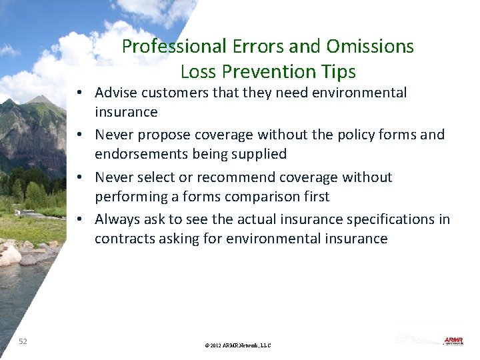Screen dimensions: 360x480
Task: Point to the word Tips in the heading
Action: tap(337, 71)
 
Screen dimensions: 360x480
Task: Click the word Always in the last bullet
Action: tap(117, 219)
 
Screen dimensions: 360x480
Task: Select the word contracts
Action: tap(124, 239)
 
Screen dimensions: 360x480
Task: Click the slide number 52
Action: tap(23, 341)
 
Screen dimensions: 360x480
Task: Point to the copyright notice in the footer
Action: tap(239, 345)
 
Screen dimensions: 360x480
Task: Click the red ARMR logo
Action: tap(453, 341)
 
